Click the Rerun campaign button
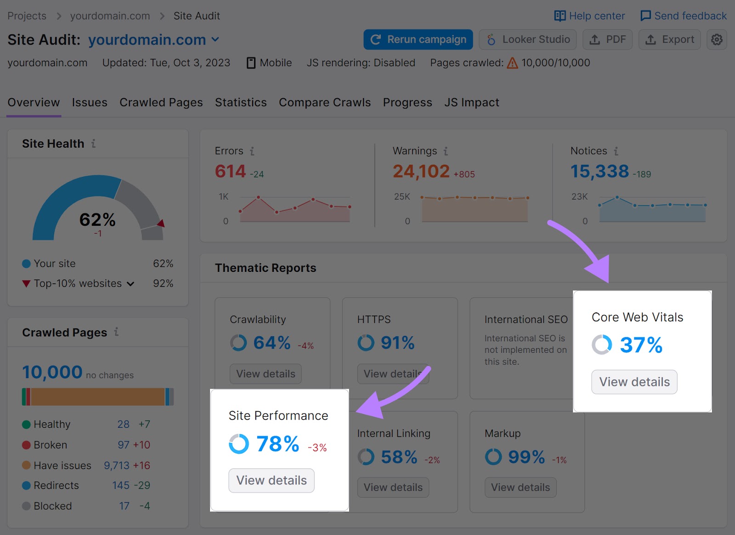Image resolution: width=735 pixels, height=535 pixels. click(x=418, y=40)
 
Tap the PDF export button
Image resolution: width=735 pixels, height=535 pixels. click(x=607, y=40)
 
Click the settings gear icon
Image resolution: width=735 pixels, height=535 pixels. click(x=717, y=40)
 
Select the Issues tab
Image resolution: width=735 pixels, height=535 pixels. click(x=90, y=103)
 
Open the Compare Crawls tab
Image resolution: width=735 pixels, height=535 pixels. click(x=325, y=103)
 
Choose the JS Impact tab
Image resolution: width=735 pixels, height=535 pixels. click(x=471, y=103)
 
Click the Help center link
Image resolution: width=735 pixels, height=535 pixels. click(x=590, y=16)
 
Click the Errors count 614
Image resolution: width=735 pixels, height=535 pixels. click(x=231, y=172)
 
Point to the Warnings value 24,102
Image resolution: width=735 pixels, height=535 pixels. click(x=421, y=172)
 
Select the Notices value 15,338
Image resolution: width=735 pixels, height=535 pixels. click(x=599, y=172)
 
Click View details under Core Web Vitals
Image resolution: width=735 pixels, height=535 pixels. click(x=634, y=382)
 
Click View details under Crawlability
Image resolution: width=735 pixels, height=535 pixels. click(x=266, y=374)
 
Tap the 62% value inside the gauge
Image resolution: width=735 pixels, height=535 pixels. click(x=97, y=220)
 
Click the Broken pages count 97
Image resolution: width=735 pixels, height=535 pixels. click(x=124, y=445)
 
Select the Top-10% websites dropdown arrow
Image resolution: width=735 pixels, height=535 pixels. click(x=130, y=284)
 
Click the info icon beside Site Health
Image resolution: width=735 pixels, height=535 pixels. click(x=93, y=144)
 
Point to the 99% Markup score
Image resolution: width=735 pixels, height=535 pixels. click(x=526, y=457)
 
